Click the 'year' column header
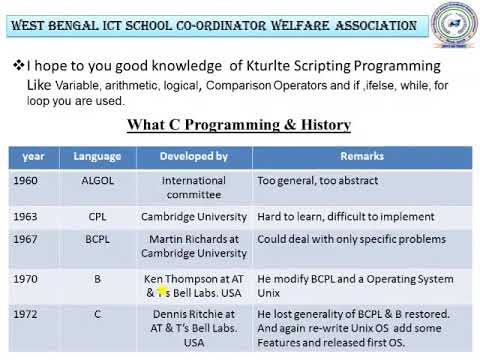pos(33,156)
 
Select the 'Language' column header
pos(97,156)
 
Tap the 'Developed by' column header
pos(194,156)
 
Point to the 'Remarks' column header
pos(362,156)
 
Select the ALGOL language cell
pos(97,181)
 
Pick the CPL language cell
pos(97,216)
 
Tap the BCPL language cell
pos(97,239)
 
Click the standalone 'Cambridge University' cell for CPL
pos(194,216)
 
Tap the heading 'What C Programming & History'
pos(238,125)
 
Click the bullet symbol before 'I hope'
pos(17,65)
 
